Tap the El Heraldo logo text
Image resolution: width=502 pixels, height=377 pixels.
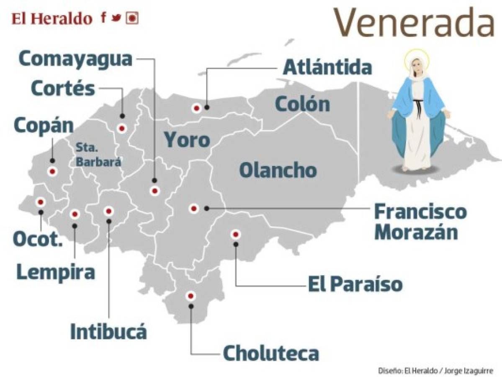[x=52, y=18]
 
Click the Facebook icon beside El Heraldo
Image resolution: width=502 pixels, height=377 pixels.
[x=103, y=18]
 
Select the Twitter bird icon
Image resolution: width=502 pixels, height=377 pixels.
[x=117, y=18]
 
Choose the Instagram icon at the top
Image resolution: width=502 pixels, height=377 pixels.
[x=132, y=18]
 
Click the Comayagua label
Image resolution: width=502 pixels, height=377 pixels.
[x=75, y=59]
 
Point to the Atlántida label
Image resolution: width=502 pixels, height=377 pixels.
[x=327, y=67]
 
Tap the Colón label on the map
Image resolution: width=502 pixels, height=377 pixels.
[x=302, y=104]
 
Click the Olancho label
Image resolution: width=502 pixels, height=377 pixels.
[x=278, y=170]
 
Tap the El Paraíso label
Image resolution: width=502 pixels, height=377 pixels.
[x=355, y=285]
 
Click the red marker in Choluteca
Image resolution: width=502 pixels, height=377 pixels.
[x=191, y=296]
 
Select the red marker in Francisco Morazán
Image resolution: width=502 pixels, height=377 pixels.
[x=193, y=208]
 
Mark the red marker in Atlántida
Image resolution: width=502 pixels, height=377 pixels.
[x=196, y=108]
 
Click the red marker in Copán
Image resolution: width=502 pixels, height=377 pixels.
[x=52, y=171]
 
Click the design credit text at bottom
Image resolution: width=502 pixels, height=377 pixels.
[x=435, y=371]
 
